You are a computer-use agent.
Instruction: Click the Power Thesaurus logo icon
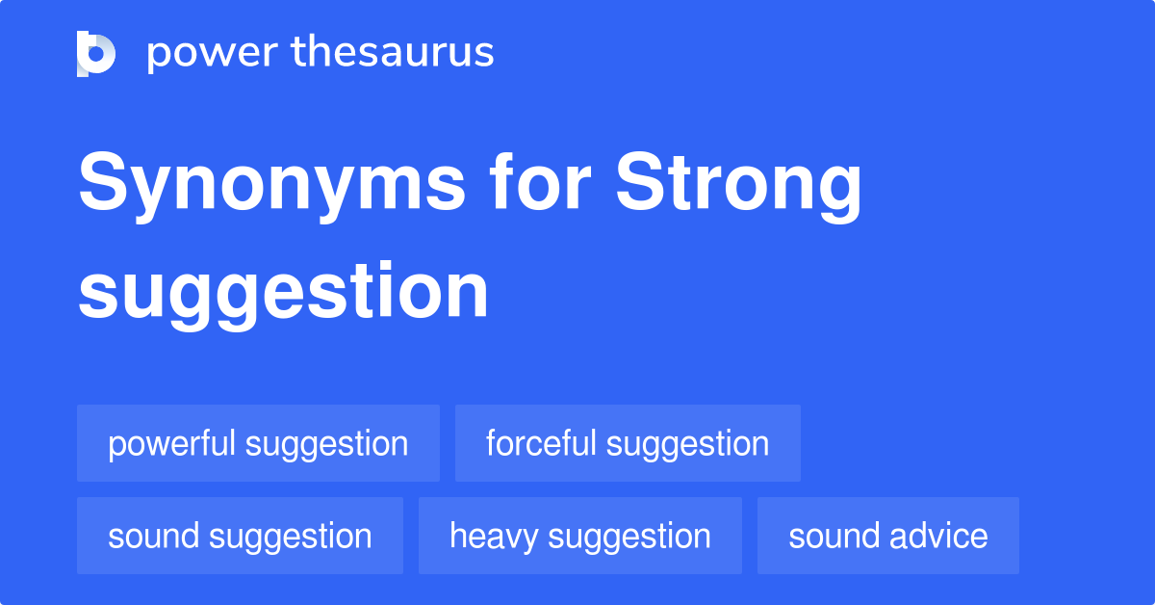96,53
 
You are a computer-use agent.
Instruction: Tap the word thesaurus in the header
394,53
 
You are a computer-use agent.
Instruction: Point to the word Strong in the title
739,187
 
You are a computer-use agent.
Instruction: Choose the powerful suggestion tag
258,443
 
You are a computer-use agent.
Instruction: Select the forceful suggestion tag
628,443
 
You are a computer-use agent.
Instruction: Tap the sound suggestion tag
240,536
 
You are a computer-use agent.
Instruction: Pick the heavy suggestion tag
579,536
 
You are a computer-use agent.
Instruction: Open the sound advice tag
887,536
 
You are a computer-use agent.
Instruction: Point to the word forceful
541,443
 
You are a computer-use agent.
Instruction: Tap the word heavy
493,537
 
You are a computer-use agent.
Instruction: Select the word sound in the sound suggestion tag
152,536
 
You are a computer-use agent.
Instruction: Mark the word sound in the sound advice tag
833,536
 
